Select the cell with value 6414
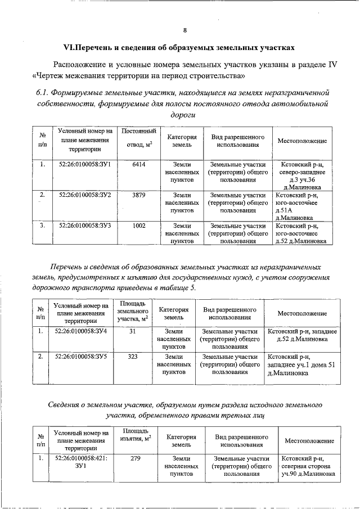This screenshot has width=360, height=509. click(x=139, y=164)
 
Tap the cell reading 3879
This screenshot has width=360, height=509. click(x=139, y=194)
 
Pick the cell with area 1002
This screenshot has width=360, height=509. click(x=139, y=226)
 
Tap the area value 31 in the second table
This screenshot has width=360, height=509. click(x=133, y=331)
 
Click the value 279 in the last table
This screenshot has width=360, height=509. click(x=134, y=458)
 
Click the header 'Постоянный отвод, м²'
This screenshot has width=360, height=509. click(x=138, y=139)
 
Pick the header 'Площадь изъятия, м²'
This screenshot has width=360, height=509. click(x=134, y=434)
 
